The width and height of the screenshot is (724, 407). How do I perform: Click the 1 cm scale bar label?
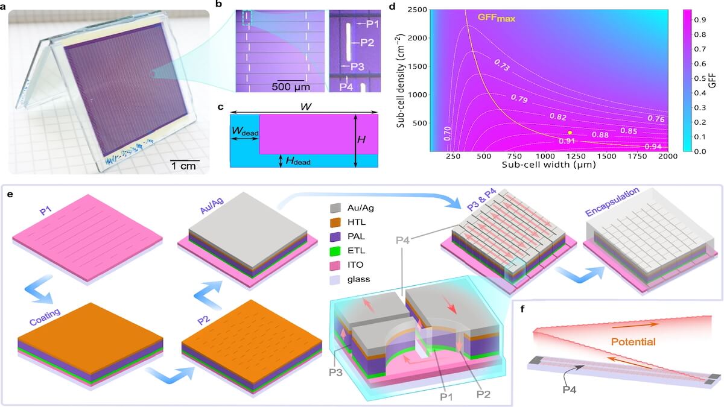tap(184, 166)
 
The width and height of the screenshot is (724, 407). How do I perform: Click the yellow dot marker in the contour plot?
tap(570, 132)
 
